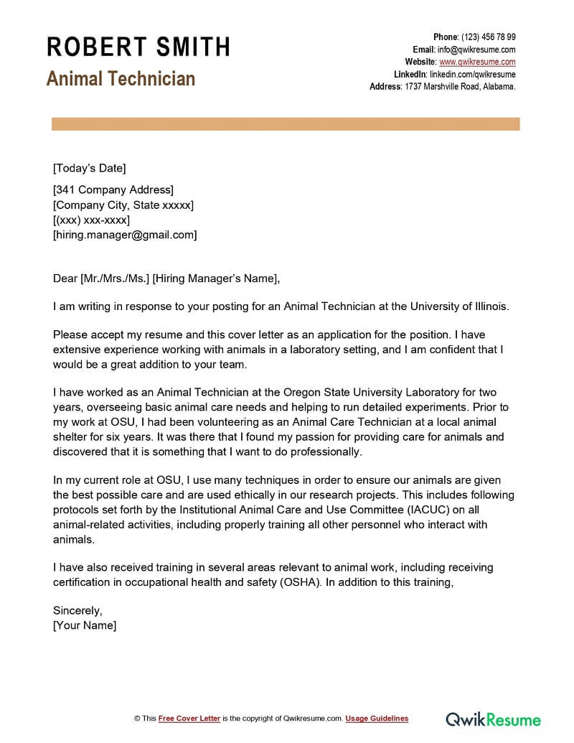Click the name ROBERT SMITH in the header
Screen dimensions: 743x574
point(138,47)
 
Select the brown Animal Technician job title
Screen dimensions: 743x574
point(121,78)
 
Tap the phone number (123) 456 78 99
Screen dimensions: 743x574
point(488,37)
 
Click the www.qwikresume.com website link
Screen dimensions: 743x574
point(477,62)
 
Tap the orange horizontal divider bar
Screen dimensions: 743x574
point(286,124)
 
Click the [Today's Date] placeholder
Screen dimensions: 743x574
point(89,168)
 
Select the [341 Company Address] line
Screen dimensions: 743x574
point(113,190)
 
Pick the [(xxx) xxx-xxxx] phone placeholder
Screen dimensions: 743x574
point(91,220)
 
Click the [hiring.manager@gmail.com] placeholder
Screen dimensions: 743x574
point(125,235)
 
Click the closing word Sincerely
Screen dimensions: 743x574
point(77,610)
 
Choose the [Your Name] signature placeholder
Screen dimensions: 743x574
point(85,625)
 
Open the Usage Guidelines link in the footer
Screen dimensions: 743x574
point(377,719)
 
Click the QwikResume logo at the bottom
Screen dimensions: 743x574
point(494,719)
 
